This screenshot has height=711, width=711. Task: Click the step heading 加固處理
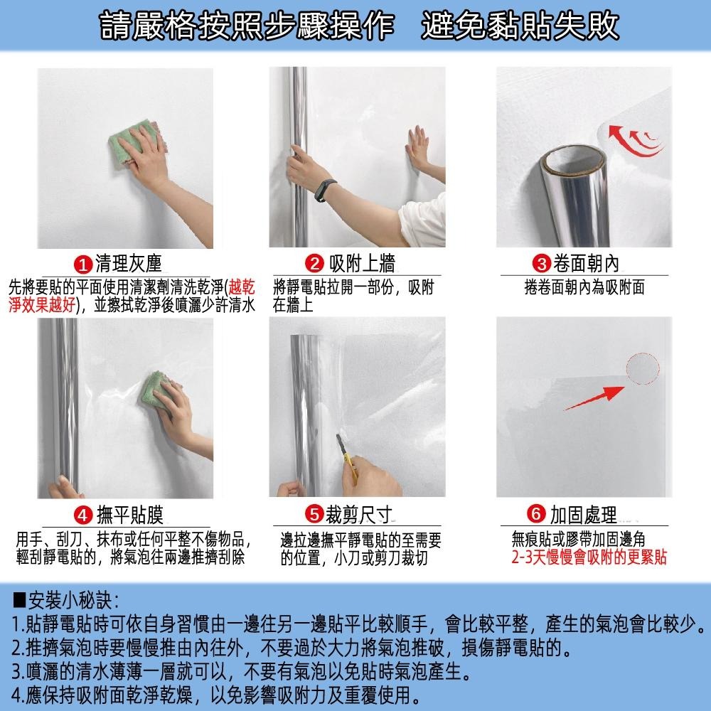coord(583,515)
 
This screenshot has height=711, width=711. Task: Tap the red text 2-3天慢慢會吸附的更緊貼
coord(589,557)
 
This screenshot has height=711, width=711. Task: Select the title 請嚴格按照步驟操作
coord(245,27)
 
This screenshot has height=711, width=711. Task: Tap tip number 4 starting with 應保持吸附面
coord(213,693)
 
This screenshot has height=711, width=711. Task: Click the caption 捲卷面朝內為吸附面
coord(584,287)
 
